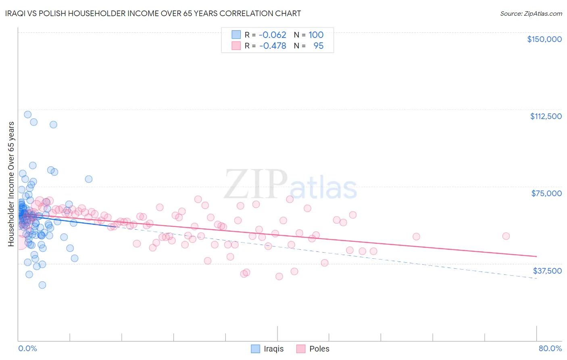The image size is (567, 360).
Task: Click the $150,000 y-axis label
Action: point(544,39)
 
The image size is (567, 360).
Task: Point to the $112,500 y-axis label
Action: point(546,116)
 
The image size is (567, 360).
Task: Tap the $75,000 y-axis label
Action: point(546,193)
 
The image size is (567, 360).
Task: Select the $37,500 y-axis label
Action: point(547,271)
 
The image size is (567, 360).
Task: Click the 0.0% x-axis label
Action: point(27,348)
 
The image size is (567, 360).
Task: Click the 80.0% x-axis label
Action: point(550,348)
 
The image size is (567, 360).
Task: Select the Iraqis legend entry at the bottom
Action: point(267,349)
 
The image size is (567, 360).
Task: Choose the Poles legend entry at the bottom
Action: point(313,349)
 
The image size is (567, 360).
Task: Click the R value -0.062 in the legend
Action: point(273,35)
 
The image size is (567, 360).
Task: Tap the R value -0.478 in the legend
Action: point(273,46)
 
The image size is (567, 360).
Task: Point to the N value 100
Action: point(316,35)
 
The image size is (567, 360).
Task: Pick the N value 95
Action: point(319,46)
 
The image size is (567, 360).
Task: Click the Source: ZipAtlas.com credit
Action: point(531,14)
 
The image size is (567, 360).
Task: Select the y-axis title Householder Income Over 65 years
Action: point(11,184)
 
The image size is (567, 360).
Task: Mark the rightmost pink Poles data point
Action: point(506,236)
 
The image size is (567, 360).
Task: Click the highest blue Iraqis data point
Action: point(28,115)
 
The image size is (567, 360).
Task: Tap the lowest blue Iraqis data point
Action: point(42,285)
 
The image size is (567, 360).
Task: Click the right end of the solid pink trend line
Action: point(536,256)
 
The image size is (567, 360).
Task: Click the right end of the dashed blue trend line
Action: point(536,278)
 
